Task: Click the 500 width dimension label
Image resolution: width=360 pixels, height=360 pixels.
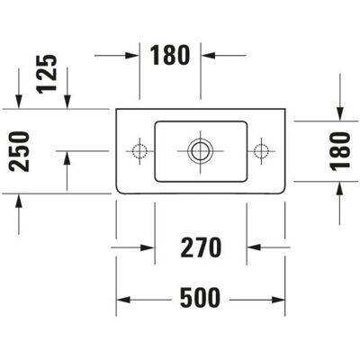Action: pyautogui.click(x=200, y=298)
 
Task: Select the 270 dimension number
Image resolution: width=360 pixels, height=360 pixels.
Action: pyautogui.click(x=201, y=247)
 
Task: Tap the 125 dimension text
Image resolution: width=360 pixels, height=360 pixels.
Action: pyautogui.click(x=47, y=74)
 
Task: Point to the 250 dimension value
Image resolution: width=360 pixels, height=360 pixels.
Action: pyautogui.click(x=19, y=151)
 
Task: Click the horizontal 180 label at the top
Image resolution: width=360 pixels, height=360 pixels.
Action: pyautogui.click(x=170, y=55)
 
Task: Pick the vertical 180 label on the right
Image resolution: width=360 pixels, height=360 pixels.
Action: pyautogui.click(x=340, y=151)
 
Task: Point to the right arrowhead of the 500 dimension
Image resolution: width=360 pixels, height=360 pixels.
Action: pyautogui.click(x=278, y=300)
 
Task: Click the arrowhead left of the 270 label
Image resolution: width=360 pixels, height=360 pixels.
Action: pyautogui.click(x=148, y=247)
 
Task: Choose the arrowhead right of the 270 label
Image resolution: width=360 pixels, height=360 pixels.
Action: pyautogui.click(x=254, y=247)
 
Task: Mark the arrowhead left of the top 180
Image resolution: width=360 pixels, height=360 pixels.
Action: pyautogui.click(x=132, y=55)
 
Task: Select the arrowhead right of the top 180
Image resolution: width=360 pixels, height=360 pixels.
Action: pyautogui.click(x=208, y=55)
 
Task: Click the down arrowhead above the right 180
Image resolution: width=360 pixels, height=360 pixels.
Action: pyautogui.click(x=340, y=114)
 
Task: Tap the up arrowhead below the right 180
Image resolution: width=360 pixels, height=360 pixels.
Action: pyautogui.click(x=340, y=188)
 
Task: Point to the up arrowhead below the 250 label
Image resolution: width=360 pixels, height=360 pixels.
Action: pyautogui.click(x=19, y=201)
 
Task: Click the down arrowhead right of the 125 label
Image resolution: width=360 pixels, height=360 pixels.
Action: pyautogui.click(x=67, y=102)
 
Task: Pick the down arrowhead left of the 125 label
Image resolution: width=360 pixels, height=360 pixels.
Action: pyautogui.click(x=19, y=102)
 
